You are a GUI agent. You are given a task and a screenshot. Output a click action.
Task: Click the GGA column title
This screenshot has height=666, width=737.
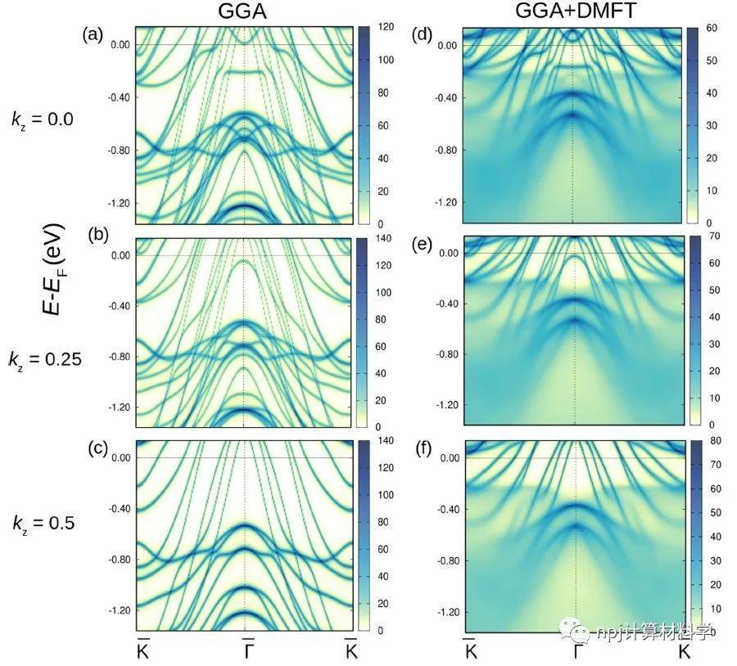pos(245,11)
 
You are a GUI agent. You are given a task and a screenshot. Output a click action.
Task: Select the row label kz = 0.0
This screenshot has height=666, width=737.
pos(42,119)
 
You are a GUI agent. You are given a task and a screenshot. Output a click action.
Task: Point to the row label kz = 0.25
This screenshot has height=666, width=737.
pos(46,358)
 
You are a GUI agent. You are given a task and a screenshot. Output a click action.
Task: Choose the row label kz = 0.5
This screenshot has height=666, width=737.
pos(42,522)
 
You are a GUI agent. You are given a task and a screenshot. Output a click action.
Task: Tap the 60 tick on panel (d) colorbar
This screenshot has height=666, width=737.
pos(711,29)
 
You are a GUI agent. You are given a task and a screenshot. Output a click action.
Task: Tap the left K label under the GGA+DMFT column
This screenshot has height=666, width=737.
pos(471,651)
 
